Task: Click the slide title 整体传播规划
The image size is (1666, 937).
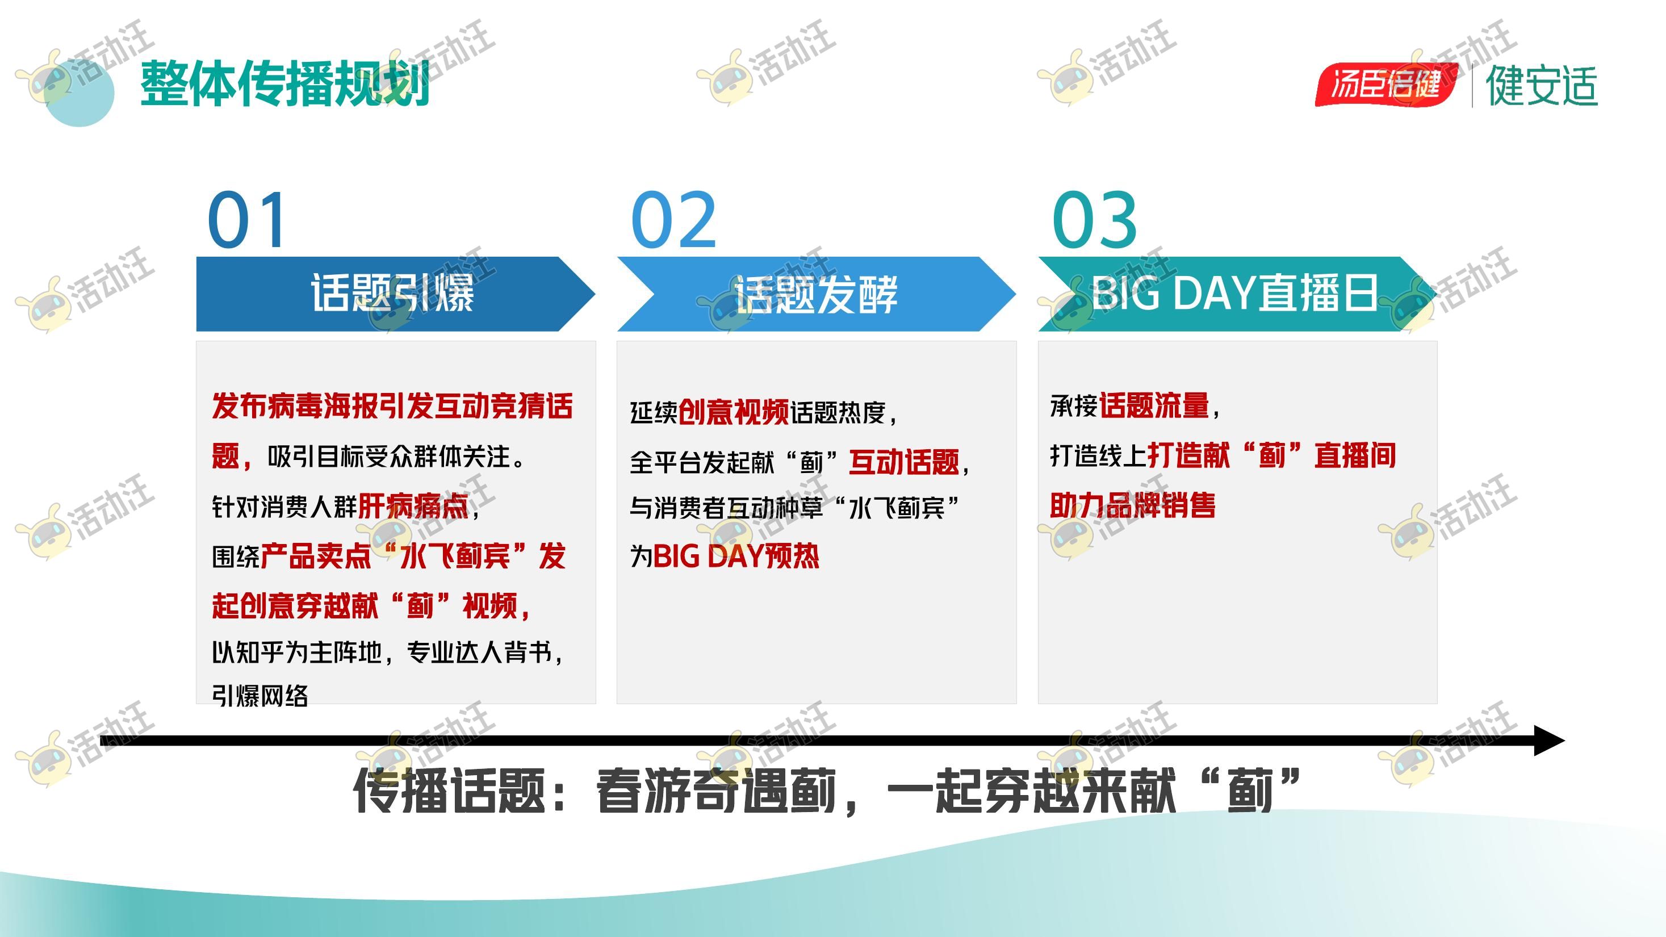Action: click(x=285, y=83)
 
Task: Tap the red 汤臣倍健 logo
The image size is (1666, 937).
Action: click(x=1386, y=84)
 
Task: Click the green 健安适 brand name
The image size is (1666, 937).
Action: click(x=1542, y=85)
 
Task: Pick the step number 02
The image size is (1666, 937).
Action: click(x=673, y=220)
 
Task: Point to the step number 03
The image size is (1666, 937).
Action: click(x=1094, y=220)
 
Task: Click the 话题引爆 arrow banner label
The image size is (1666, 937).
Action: click(x=392, y=293)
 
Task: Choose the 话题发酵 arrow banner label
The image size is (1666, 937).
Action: click(x=815, y=294)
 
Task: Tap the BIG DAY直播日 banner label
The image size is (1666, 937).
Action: click(x=1234, y=293)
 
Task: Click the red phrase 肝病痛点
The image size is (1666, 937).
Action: click(x=413, y=505)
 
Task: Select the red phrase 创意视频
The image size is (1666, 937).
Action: click(x=734, y=412)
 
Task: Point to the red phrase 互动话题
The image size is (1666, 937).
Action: click(x=904, y=462)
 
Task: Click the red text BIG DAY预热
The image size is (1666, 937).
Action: click(x=736, y=556)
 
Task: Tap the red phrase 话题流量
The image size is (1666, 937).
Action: click(x=1154, y=405)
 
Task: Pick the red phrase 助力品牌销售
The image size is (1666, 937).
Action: click(x=1132, y=505)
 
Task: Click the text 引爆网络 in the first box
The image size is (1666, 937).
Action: click(x=260, y=696)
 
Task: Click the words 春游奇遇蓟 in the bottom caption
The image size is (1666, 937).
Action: click(x=717, y=791)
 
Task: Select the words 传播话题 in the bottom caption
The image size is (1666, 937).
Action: click(x=449, y=791)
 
